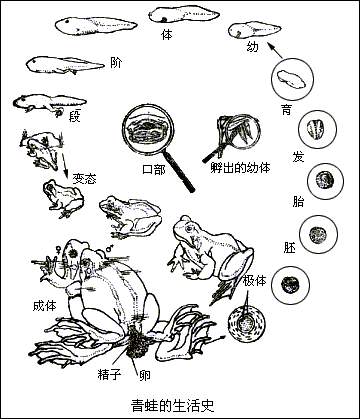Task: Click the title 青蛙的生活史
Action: (172, 406)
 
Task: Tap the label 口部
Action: (154, 169)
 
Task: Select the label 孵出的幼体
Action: (240, 168)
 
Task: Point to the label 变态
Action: (84, 179)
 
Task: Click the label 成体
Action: (44, 306)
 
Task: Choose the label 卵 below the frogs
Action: (145, 376)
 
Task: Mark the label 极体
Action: (255, 281)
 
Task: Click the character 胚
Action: (289, 248)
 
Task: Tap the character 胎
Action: (298, 202)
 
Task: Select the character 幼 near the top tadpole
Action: (252, 46)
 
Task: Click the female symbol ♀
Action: (58, 249)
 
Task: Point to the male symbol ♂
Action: (109, 249)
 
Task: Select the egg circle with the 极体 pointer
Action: (247, 323)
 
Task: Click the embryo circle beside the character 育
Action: (293, 78)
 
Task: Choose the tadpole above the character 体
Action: (184, 15)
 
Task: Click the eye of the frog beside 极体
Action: (189, 229)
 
